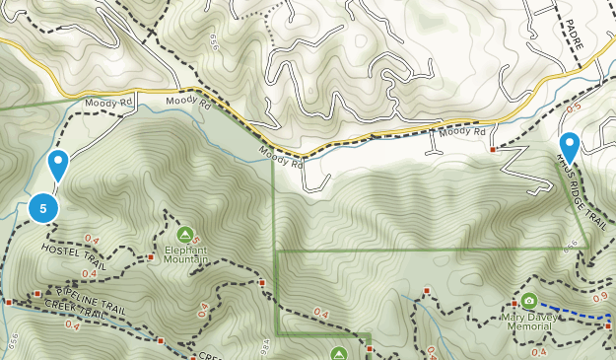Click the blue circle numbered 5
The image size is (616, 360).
point(43,208)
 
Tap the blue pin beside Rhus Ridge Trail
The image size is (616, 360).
point(569,148)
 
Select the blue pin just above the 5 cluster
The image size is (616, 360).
point(58,166)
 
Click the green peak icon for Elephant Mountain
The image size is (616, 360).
point(184,235)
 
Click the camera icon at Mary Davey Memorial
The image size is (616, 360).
point(529,301)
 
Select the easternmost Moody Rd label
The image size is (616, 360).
point(463,131)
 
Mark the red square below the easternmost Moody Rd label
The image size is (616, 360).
point(493,150)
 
